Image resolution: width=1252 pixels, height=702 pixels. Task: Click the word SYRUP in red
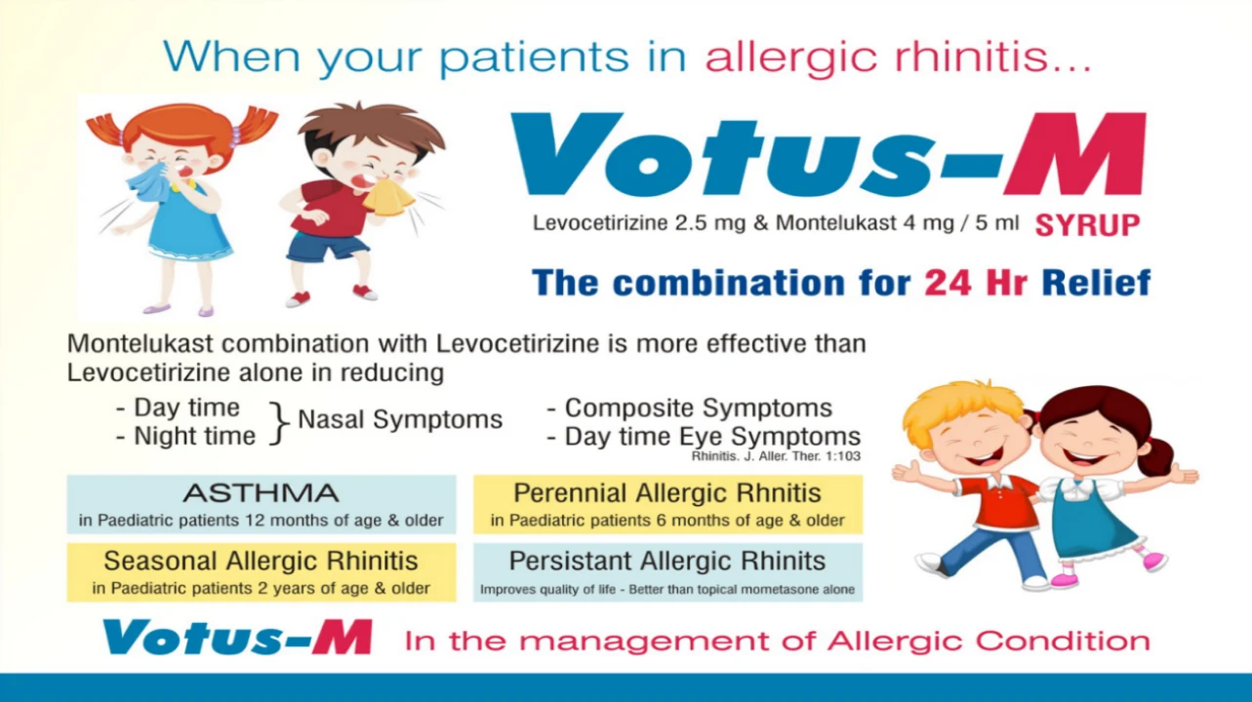pos(1087,225)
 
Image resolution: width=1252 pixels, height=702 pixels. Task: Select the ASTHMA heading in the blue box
pos(261,493)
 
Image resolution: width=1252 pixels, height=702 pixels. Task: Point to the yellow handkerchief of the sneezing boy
pos(387,197)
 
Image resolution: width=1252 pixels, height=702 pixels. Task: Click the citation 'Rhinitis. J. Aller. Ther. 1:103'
pos(776,456)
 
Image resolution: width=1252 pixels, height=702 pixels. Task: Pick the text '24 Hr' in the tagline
pos(975,282)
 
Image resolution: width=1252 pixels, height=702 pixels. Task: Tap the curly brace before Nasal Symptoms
pos(279,423)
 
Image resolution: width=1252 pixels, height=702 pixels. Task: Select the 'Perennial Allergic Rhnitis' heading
pos(667,493)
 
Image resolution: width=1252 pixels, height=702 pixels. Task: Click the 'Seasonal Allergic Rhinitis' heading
pos(261,561)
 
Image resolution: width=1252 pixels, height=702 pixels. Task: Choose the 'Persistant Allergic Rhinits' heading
pos(667,561)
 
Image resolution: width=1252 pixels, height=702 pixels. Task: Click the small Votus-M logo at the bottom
pos(237,638)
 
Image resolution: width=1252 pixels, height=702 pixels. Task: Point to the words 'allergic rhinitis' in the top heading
pos(898,57)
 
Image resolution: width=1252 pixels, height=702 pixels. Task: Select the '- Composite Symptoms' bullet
pos(690,408)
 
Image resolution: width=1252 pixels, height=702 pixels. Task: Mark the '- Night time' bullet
pos(185,436)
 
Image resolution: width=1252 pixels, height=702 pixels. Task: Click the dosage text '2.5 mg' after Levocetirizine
pos(710,223)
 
